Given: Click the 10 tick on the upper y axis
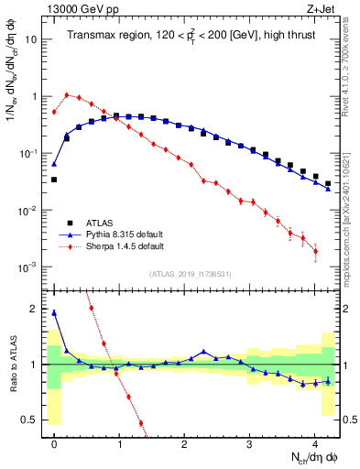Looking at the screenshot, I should (31, 39).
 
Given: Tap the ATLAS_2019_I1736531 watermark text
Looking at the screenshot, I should (190, 274).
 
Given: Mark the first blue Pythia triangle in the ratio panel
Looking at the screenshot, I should (54, 312).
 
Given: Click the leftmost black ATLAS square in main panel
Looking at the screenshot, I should (54, 180).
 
